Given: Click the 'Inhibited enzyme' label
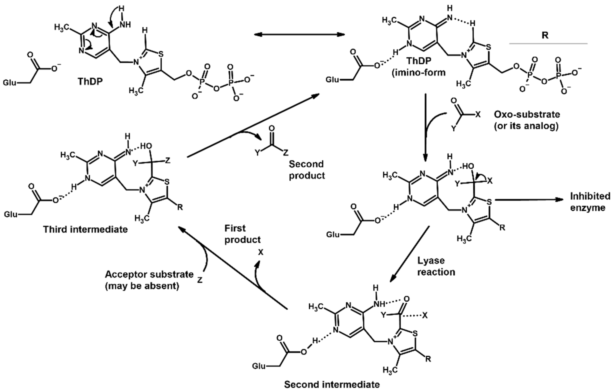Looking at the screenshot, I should [x=590, y=202].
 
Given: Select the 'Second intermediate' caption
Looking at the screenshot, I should [x=332, y=384].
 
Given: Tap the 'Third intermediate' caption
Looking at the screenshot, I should [x=86, y=229].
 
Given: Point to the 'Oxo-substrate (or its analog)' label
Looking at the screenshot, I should [x=527, y=120].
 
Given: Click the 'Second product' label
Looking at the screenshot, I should [x=307, y=170].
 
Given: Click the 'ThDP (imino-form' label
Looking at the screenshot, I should [x=419, y=67].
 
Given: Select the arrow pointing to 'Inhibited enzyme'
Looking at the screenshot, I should [x=529, y=200].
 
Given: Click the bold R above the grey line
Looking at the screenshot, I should [x=545, y=35].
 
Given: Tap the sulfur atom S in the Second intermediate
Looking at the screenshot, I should [x=415, y=334].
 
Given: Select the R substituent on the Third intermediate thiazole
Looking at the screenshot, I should [x=180, y=207].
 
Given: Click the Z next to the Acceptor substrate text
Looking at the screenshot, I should [x=200, y=280].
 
